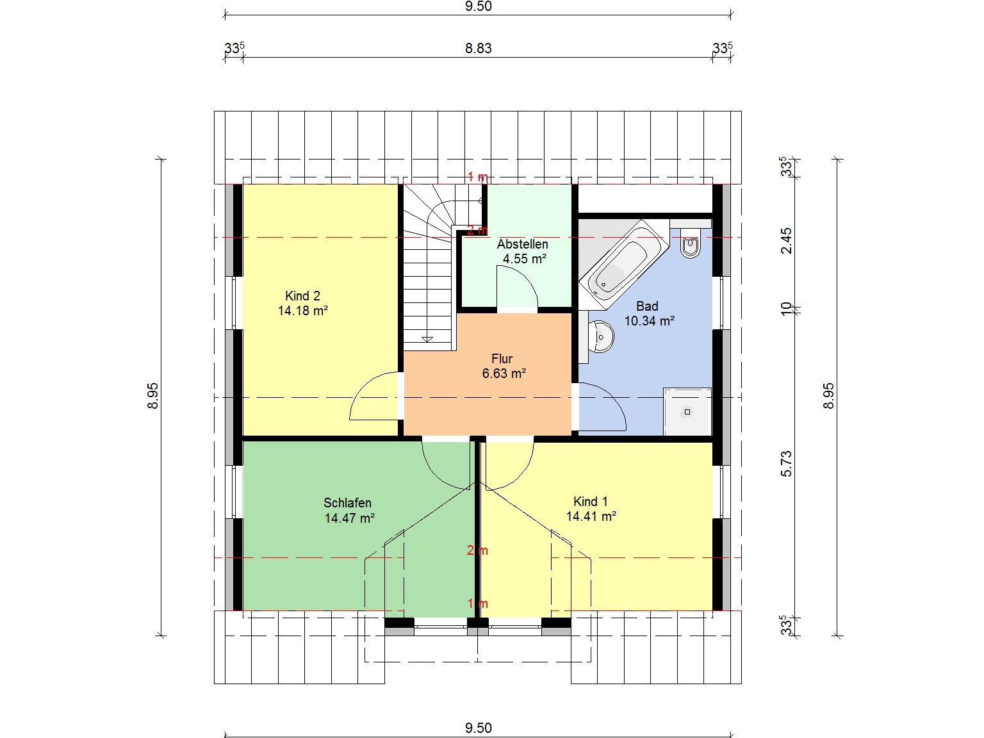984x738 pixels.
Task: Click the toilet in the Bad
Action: click(691, 243)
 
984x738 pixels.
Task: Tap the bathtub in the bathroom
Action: click(623, 265)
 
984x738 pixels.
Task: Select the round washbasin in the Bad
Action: click(601, 337)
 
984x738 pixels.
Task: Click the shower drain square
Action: click(687, 412)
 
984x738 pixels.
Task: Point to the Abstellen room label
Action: click(522, 244)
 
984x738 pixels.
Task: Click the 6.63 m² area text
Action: click(504, 373)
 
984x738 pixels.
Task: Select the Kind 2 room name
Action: click(302, 296)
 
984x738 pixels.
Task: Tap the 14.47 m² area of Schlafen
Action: click(349, 518)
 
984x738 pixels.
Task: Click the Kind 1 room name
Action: click(591, 502)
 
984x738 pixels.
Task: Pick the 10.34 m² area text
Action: click(650, 321)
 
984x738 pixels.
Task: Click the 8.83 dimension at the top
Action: click(479, 48)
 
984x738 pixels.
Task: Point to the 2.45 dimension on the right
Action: click(786, 241)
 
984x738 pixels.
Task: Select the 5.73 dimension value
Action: click(786, 464)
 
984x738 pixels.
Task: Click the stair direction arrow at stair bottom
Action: click(427, 339)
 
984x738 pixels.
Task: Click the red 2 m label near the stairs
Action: click(477, 231)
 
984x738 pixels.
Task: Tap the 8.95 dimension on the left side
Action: click(153, 396)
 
